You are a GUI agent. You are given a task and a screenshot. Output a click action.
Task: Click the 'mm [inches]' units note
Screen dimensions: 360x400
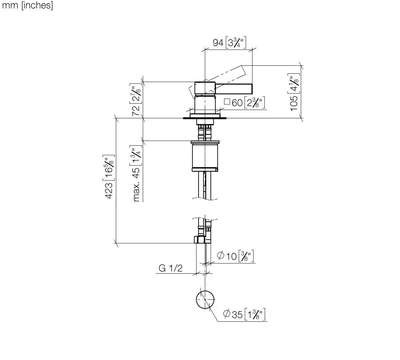pyautogui.click(x=27, y=6)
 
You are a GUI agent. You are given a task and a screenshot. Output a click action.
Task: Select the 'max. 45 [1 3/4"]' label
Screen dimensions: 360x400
pyautogui.click(x=136, y=173)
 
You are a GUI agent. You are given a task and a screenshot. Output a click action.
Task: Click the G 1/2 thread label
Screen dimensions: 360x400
pyautogui.click(x=171, y=268)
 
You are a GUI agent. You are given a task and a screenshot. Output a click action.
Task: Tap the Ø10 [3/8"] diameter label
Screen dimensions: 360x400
pyautogui.click(x=235, y=256)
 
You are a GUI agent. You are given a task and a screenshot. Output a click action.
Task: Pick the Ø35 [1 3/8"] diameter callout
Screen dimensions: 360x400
pyautogui.click(x=245, y=314)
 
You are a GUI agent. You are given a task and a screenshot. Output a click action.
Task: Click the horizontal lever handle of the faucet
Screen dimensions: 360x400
pyautogui.click(x=234, y=89)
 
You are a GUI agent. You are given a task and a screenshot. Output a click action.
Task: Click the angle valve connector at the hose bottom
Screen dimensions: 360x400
pyautogui.click(x=199, y=239)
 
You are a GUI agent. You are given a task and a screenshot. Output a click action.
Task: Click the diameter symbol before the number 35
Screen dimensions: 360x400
pyautogui.click(x=226, y=314)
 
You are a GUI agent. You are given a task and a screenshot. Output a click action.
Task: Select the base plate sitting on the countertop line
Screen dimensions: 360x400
pyautogui.click(x=205, y=116)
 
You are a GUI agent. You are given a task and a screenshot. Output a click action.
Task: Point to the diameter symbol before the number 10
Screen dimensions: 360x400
pyautogui.click(x=220, y=256)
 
